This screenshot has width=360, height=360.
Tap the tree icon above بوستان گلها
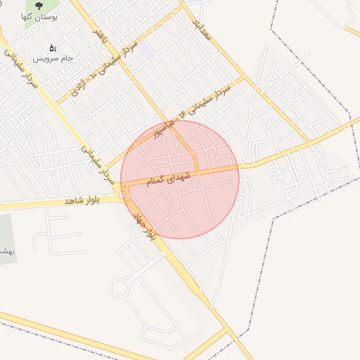pyautogui.click(x=39, y=5)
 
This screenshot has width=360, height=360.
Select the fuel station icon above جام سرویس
pyautogui.click(x=52, y=49)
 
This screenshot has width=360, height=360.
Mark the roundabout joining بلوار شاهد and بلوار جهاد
pyautogui.click(x=123, y=194)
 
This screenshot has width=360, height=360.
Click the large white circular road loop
pyautogui.click(x=120, y=288)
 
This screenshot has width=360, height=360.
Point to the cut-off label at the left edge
pyautogui.click(x=6, y=250)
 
